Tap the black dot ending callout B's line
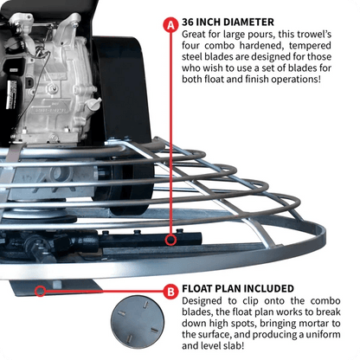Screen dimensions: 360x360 coord(37,291)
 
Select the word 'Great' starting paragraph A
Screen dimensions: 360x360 coord(199,35)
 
